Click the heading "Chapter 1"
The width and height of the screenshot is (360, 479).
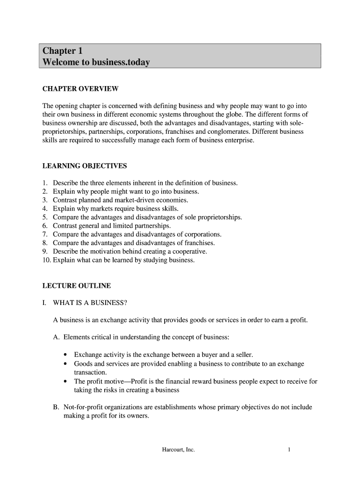[62, 51]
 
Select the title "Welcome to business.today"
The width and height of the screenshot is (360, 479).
[96, 62]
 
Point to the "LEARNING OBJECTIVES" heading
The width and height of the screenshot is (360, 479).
[84, 166]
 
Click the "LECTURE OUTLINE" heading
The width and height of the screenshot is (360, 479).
[77, 285]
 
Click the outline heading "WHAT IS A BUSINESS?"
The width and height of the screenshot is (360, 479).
[90, 303]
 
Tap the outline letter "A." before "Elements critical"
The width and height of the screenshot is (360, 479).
[57, 337]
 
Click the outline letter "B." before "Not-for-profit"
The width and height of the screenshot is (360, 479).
[57, 407]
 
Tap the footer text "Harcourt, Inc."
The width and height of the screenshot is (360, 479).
[178, 450]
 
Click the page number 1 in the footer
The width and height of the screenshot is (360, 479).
[290, 450]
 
